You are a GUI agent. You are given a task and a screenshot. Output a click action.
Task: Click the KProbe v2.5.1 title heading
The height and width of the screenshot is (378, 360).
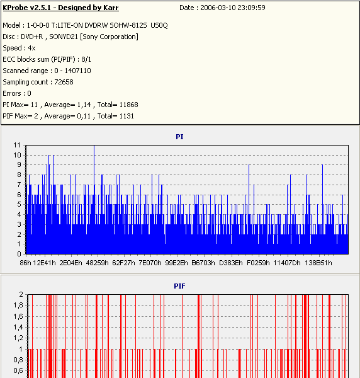(60, 8)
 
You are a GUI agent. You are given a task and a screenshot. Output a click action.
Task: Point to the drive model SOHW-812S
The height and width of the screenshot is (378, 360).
(128, 25)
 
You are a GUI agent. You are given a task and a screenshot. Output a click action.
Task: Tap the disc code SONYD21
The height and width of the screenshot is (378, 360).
(64, 37)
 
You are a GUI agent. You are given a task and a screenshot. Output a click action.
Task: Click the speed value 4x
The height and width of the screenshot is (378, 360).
(32, 48)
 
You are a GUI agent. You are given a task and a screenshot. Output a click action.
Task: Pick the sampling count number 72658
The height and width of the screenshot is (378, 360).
(64, 82)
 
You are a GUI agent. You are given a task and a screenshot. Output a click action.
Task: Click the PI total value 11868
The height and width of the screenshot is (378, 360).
(129, 105)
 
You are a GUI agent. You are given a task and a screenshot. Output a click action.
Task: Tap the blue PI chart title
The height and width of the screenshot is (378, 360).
(179, 137)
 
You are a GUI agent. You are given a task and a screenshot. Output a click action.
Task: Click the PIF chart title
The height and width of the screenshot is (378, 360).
(179, 286)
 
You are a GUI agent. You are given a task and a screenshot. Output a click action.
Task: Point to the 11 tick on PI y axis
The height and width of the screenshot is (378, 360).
(17, 145)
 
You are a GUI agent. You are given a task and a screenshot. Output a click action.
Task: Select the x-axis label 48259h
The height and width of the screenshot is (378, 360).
(97, 263)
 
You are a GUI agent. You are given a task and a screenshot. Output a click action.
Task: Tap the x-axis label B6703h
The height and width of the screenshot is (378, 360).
(203, 263)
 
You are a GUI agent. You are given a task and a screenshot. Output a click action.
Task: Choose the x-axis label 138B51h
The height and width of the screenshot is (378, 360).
(318, 263)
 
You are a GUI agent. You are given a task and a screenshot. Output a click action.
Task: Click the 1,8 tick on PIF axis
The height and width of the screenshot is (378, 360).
(18, 306)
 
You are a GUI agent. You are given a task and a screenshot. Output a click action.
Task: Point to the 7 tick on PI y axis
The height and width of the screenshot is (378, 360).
(19, 185)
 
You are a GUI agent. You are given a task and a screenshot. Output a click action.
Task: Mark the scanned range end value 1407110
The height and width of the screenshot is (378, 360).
(77, 71)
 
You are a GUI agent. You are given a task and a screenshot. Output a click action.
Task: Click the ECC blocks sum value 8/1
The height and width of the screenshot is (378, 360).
(86, 59)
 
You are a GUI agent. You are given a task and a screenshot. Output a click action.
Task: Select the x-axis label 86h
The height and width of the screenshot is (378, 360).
(25, 263)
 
